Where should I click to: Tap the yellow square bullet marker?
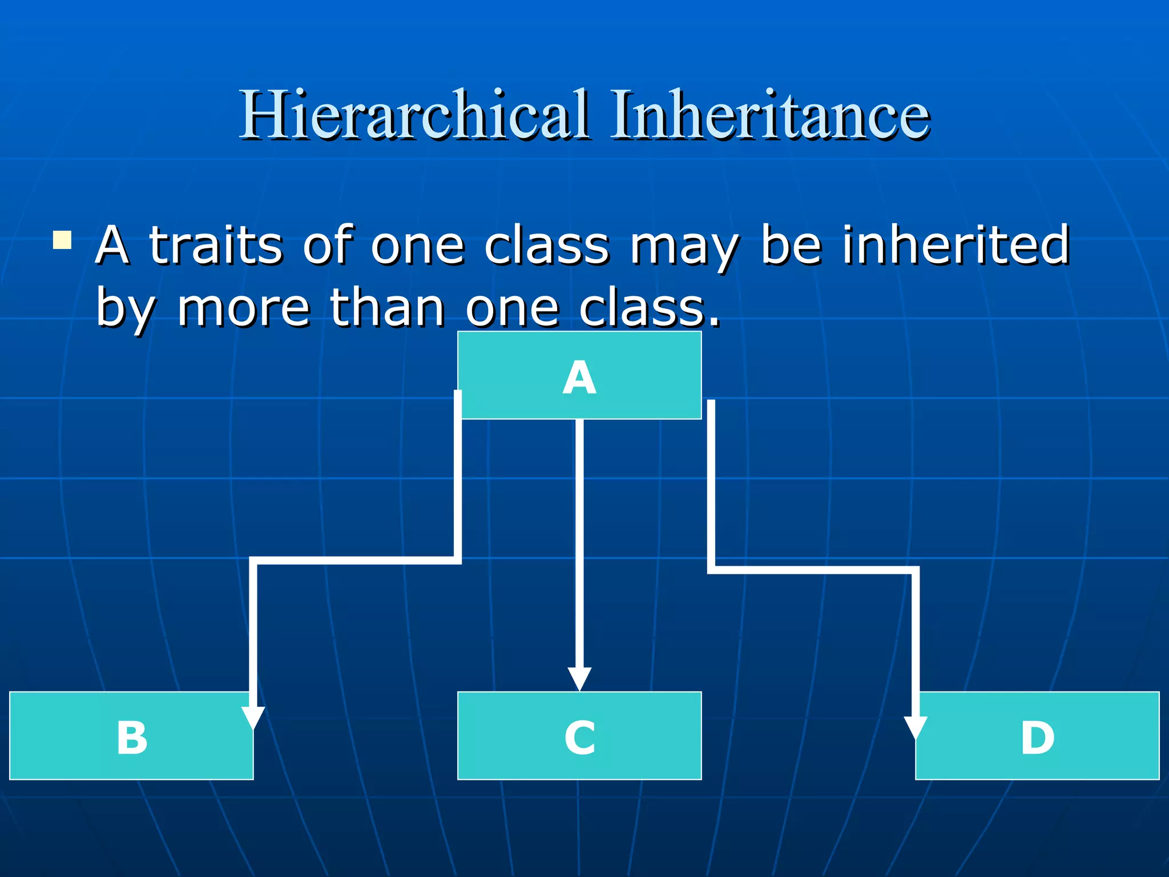click(x=62, y=240)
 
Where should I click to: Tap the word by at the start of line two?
click(x=125, y=311)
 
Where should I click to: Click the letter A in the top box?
click(x=579, y=378)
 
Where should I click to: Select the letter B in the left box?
click(x=132, y=738)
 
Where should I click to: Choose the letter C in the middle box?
click(x=579, y=738)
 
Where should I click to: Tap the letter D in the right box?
click(x=1037, y=738)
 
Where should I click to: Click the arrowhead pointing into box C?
click(x=579, y=679)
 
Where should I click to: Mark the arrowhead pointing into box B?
click(x=253, y=717)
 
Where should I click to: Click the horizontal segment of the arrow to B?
click(x=354, y=560)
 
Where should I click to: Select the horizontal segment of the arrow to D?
click(x=813, y=569)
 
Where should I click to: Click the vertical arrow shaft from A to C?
click(x=579, y=542)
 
